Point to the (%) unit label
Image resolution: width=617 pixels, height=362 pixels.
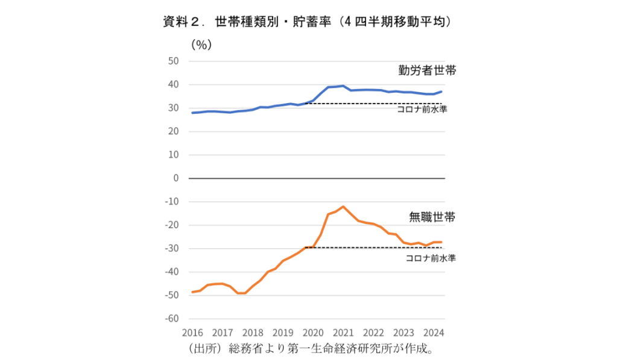[201, 45]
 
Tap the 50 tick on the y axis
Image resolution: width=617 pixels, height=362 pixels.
[174, 61]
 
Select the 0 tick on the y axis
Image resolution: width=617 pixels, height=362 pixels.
[177, 178]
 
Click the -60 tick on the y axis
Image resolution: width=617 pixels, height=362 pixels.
[172, 319]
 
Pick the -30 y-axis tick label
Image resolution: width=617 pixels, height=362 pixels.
[172, 248]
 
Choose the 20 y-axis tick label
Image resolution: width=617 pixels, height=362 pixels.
[174, 131]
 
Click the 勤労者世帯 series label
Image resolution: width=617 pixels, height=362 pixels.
[427, 70]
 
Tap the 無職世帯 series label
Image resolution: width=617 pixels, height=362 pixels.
[432, 217]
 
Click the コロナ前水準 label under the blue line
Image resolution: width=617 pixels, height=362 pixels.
[422, 110]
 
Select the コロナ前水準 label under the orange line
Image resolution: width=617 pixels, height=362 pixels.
[430, 258]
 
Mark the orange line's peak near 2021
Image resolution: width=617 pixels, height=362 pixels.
[343, 207]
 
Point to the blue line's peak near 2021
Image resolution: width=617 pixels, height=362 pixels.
[343, 86]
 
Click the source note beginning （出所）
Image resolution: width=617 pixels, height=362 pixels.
[311, 349]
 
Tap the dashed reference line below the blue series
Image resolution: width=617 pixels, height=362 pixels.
[374, 104]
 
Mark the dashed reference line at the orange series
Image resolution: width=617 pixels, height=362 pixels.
[374, 248]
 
